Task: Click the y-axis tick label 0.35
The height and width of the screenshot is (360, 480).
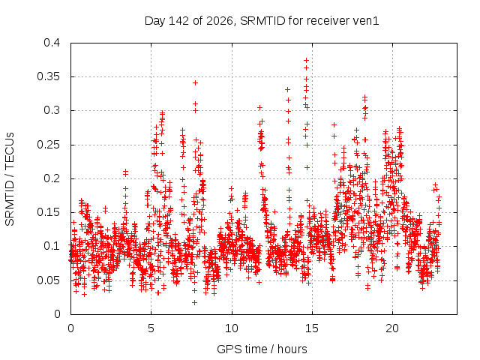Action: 48,76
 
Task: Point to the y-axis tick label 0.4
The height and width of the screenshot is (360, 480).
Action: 52,43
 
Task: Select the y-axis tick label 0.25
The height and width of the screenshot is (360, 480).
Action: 48,145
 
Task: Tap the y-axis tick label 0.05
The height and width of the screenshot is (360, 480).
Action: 48,280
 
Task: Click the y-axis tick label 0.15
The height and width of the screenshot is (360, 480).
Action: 48,212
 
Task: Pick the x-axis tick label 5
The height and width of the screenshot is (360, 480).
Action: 151,328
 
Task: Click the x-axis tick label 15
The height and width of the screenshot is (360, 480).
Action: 312,328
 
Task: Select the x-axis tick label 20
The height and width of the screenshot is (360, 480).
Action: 392,328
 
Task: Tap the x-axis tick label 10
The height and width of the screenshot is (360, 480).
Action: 232,328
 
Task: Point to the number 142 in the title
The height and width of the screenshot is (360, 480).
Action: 178,21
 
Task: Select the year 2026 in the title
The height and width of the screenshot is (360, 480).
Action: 220,21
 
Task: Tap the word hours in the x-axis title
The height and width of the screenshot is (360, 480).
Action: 292,349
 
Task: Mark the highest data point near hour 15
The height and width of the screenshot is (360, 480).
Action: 306,60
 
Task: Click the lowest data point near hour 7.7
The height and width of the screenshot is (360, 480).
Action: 194,302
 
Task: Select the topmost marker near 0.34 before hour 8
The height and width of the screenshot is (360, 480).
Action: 195,82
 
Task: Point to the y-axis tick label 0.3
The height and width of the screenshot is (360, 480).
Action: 52,110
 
